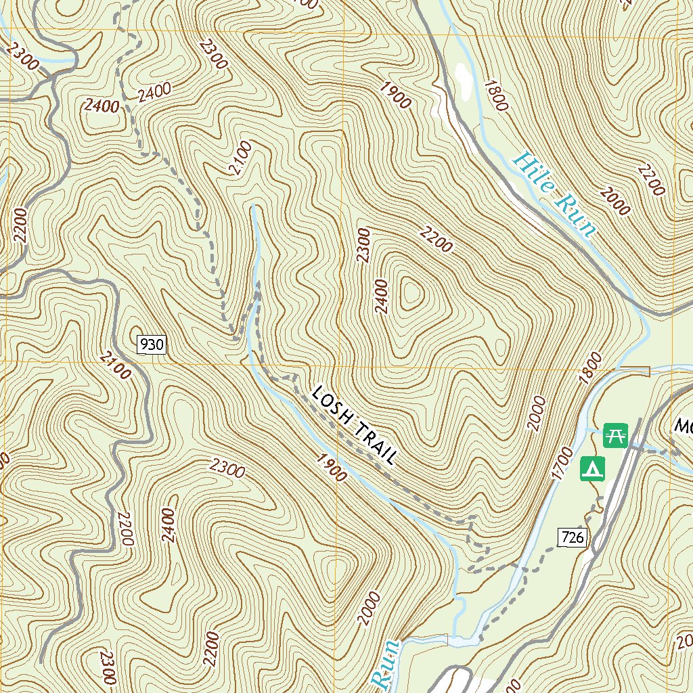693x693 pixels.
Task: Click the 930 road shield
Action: [151, 345]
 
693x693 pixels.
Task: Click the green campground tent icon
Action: [593, 468]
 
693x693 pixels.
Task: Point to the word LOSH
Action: [332, 407]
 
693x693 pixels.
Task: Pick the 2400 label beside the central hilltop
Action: [382, 296]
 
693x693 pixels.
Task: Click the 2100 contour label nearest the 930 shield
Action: [115, 365]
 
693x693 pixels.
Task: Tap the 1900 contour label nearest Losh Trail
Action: [332, 467]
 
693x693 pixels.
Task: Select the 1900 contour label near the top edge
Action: [395, 95]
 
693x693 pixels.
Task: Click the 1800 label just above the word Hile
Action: [495, 95]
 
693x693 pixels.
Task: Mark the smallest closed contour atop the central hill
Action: [411, 294]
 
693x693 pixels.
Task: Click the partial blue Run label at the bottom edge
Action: [386, 667]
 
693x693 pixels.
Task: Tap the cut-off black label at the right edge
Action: [683, 426]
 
